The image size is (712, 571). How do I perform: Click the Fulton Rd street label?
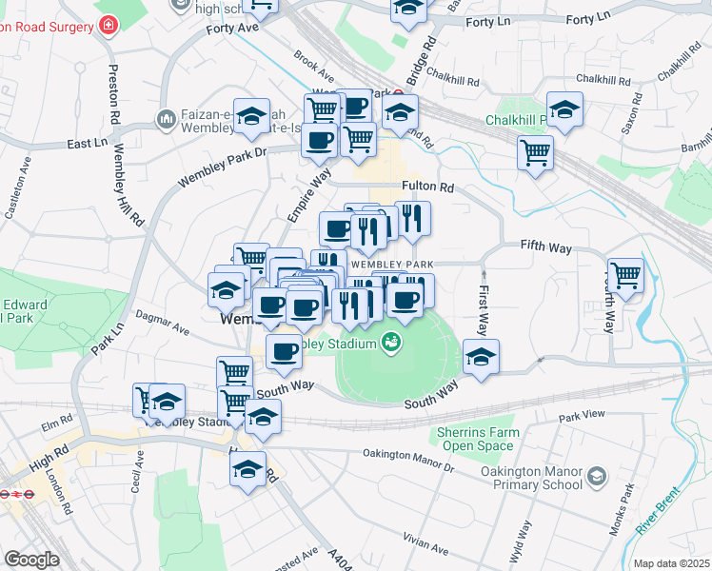(427, 187)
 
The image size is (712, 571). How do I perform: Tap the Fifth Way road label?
(545, 247)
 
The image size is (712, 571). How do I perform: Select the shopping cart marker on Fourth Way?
(625, 276)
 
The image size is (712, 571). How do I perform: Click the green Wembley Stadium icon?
(390, 342)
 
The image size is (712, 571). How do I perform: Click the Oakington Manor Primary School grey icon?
(597, 475)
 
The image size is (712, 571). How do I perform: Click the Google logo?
(32, 559)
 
